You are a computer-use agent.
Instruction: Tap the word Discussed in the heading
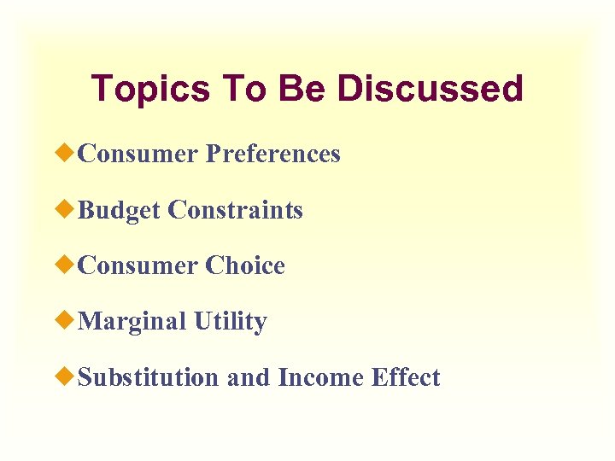coord(430,89)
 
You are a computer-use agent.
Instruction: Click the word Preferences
coord(273,154)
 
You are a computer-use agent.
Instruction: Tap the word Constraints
coord(235,210)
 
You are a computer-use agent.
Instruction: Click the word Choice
coord(245,266)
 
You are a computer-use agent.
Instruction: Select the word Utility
coord(230,322)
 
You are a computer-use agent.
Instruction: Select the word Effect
coord(406,377)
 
